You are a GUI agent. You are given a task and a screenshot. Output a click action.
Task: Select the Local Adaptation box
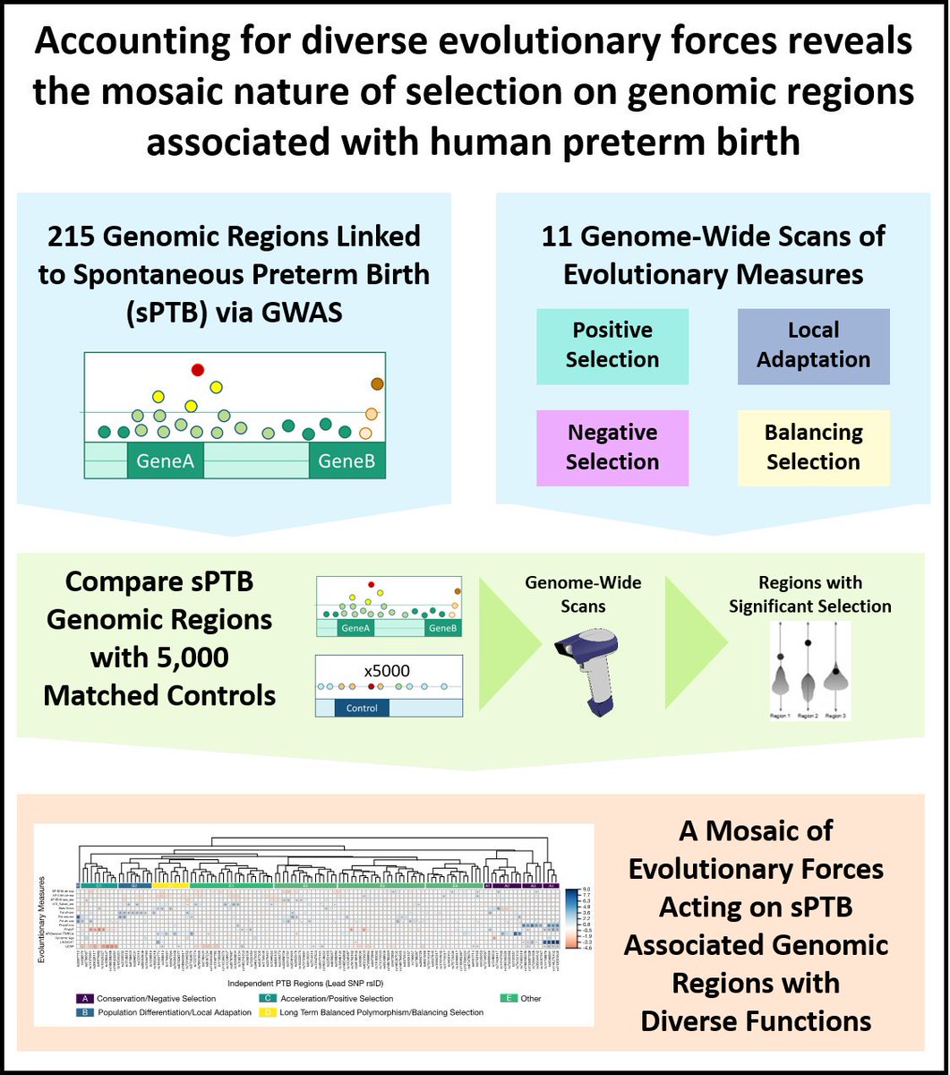point(813,346)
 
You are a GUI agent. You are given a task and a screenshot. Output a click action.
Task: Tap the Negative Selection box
point(612,448)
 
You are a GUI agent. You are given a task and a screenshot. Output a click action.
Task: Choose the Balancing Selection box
point(813,448)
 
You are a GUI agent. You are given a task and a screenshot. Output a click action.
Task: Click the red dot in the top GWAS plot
point(198,370)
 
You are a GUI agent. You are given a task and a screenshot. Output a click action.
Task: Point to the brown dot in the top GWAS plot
point(378,384)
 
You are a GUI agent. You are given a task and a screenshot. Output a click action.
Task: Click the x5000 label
point(389,668)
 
